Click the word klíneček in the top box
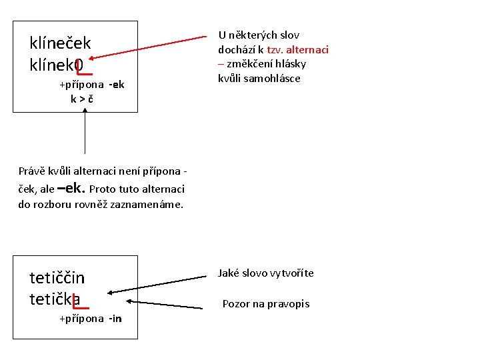(x=60, y=43)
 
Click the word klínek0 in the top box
(x=56, y=65)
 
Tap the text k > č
(x=82, y=99)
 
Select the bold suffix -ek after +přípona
(x=117, y=85)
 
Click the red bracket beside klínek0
(x=84, y=67)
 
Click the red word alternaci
(x=307, y=50)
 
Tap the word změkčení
(x=250, y=64)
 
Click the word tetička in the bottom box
(x=55, y=299)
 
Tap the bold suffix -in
(x=115, y=319)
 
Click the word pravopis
(x=289, y=304)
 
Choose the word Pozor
(x=235, y=304)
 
